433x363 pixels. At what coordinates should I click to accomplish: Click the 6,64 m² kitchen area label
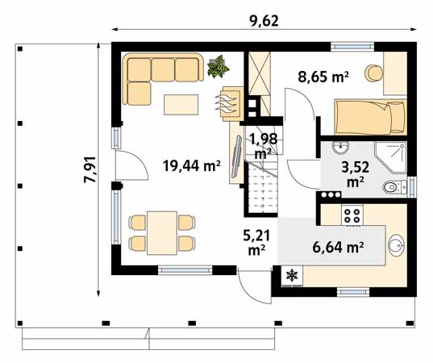[x=337, y=247]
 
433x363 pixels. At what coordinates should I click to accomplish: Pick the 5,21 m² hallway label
[x=257, y=242]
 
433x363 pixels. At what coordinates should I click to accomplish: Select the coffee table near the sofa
[x=183, y=104]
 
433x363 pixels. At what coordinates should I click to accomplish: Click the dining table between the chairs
[x=160, y=231]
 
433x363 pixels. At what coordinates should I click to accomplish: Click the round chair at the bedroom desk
[x=373, y=73]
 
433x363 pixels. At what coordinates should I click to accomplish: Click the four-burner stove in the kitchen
[x=353, y=215]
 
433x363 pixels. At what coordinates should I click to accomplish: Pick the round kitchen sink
[x=396, y=245]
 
